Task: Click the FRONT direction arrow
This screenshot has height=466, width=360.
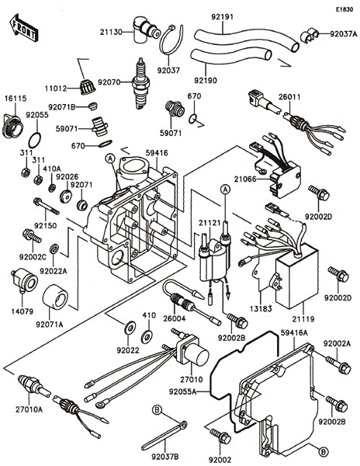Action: (23, 27)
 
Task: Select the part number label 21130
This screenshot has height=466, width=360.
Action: (111, 32)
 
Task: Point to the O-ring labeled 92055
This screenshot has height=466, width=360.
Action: (36, 140)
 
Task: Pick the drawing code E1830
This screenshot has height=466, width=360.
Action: (344, 9)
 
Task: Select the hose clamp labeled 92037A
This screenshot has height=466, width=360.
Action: (310, 36)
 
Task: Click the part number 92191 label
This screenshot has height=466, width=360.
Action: (223, 17)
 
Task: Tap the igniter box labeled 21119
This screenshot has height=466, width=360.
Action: (296, 276)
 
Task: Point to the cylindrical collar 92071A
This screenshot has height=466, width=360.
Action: (55, 297)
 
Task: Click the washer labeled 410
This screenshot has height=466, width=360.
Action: (146, 336)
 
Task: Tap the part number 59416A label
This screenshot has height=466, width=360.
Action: (294, 333)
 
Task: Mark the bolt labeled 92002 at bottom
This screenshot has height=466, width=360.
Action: (220, 436)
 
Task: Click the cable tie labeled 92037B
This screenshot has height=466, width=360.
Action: (164, 436)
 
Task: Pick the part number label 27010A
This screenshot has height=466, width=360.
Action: (29, 409)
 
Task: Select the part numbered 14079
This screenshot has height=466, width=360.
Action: (24, 281)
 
